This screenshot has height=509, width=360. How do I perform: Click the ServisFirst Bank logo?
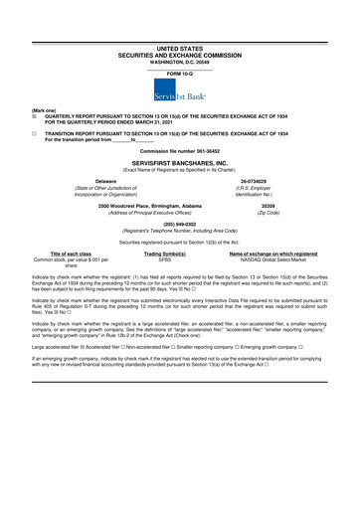click(x=179, y=91)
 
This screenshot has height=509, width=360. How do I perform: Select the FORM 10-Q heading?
click(x=179, y=74)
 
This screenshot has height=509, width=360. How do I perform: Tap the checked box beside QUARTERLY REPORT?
click(x=34, y=116)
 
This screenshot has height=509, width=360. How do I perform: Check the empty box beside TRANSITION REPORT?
click(x=34, y=132)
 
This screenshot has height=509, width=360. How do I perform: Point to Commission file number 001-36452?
click(x=179, y=149)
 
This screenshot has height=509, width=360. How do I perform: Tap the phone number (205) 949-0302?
click(x=179, y=225)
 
